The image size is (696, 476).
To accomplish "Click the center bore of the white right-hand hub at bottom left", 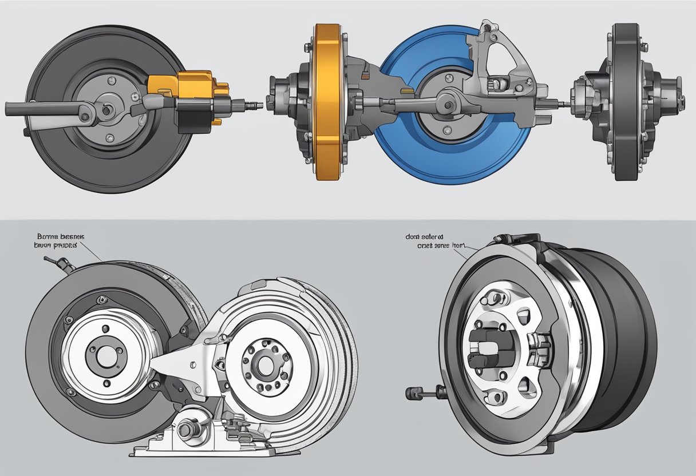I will (264, 362).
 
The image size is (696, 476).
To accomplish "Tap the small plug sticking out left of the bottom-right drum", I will (414, 393).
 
